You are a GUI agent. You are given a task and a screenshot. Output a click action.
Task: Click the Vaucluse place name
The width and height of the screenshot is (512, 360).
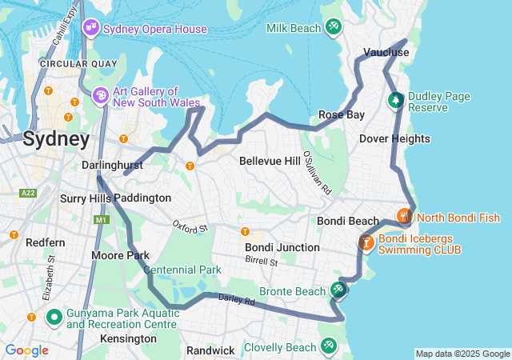(386, 52)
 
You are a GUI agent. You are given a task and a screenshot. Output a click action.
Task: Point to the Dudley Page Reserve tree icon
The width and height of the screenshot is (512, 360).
(395, 101)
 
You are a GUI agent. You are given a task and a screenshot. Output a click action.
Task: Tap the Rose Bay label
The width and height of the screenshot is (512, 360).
(342, 114)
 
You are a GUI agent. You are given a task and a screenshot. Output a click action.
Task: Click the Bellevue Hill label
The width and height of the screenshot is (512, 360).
(270, 161)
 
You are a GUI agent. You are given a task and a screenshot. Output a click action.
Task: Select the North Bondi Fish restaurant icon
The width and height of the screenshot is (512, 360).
(405, 216)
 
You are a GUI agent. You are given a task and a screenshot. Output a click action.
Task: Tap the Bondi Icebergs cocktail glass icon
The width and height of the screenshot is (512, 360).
(366, 241)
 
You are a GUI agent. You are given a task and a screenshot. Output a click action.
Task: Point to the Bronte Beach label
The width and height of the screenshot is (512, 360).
(292, 291)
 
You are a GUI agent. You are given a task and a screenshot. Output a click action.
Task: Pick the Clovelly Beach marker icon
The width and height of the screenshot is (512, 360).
(328, 346)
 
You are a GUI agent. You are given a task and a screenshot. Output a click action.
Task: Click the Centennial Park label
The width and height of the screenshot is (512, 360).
(183, 270)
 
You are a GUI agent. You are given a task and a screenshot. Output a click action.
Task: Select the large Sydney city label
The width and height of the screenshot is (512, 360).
(56, 138)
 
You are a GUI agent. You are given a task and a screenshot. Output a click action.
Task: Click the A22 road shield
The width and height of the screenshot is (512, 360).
(29, 193)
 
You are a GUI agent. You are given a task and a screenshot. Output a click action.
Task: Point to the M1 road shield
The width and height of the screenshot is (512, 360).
(101, 219)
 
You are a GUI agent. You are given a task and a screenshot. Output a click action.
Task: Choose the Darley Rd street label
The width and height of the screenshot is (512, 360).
(236, 301)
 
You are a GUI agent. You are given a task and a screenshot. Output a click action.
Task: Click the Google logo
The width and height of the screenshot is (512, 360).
(26, 350)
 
